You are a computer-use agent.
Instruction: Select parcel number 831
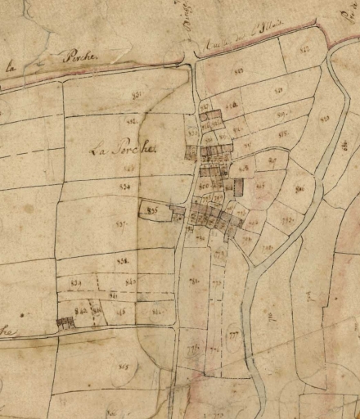137,97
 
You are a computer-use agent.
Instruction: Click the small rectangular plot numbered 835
151,210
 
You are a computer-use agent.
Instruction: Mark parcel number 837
122,222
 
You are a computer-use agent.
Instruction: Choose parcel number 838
123,260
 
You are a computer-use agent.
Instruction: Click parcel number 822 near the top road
285,51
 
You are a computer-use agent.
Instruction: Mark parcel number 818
283,133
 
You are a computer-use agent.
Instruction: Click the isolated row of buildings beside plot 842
65,322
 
